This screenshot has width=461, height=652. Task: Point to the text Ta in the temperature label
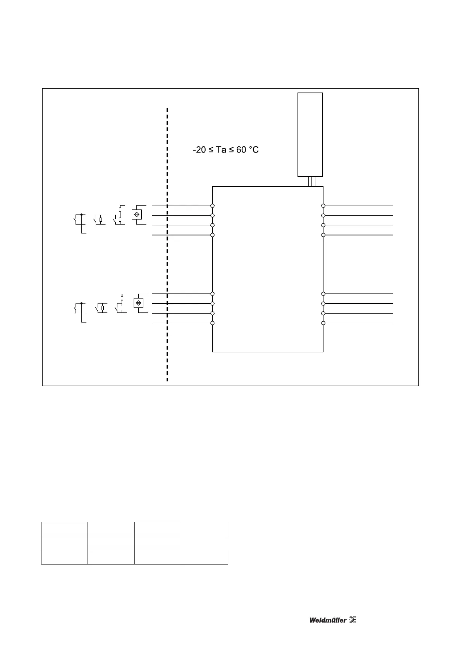221,150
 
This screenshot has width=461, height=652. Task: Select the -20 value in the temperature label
200,150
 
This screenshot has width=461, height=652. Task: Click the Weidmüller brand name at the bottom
328,620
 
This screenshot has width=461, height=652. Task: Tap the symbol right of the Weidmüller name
353,619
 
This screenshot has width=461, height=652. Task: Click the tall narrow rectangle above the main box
310,134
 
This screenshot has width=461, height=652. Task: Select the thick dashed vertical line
167,244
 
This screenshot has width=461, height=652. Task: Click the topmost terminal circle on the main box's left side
212,206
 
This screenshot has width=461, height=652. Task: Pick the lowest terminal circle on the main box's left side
212,323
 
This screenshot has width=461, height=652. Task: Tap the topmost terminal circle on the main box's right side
323,206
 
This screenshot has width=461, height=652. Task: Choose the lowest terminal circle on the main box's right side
323,323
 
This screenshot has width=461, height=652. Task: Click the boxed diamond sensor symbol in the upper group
136,214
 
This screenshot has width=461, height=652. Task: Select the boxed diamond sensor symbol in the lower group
138,303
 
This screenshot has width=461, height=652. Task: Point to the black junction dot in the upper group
81,214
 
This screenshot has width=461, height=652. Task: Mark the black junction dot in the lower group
81,304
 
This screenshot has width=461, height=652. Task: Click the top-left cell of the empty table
64,529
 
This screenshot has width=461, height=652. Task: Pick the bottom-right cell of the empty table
204,557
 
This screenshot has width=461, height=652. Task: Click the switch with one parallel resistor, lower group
101,308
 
